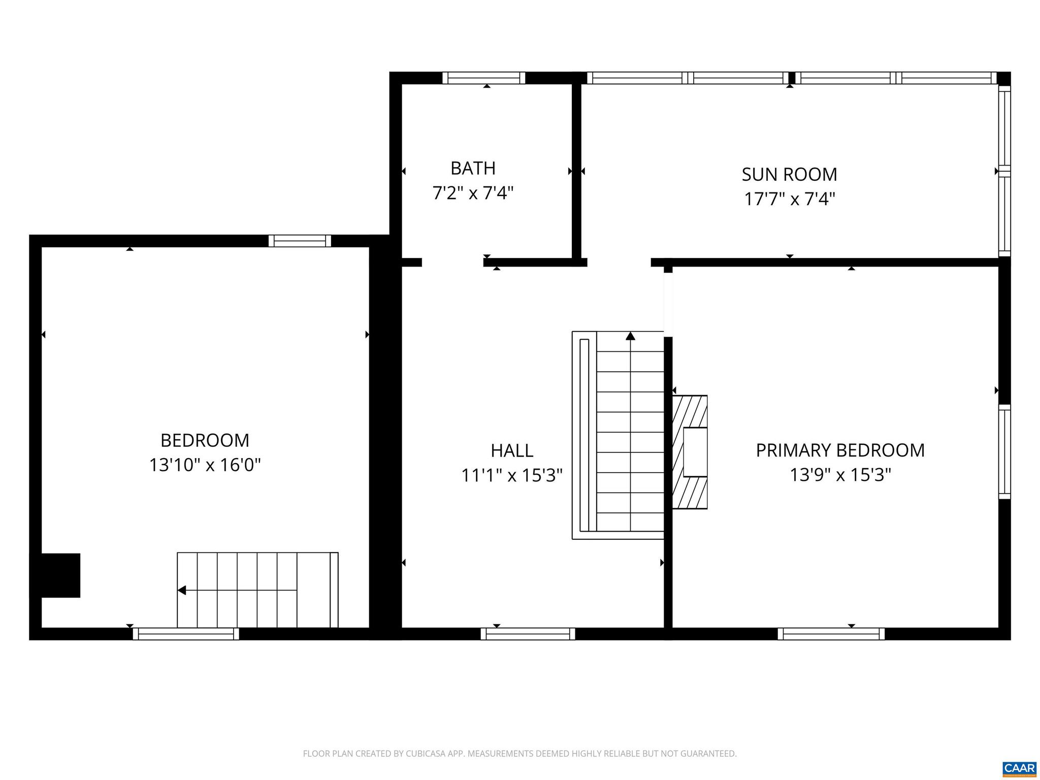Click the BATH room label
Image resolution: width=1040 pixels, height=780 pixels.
473,168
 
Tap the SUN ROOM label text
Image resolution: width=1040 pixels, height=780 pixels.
789,174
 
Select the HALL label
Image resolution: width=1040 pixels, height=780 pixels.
511,450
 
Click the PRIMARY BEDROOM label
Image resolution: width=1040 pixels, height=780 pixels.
840,450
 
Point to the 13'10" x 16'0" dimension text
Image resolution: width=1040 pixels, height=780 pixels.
205,465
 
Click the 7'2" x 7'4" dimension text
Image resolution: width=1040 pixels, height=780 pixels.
473,193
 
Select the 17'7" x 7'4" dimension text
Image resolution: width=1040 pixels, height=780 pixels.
789,199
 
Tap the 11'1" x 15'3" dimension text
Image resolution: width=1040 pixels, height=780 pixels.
511,475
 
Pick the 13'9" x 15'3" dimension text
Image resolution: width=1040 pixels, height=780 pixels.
840,475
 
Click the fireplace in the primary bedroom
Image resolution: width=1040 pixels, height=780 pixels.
691,452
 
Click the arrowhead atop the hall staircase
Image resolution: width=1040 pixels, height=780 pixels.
630,336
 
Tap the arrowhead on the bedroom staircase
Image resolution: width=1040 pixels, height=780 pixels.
182,590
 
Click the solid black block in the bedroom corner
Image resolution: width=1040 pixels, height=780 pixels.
60,575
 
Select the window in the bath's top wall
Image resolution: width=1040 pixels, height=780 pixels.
483,78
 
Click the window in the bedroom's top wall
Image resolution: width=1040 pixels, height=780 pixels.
300,241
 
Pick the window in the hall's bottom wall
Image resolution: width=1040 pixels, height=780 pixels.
528,634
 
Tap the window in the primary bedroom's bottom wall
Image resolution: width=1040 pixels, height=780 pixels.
831,634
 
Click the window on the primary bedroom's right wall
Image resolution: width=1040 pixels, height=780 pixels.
1004,451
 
